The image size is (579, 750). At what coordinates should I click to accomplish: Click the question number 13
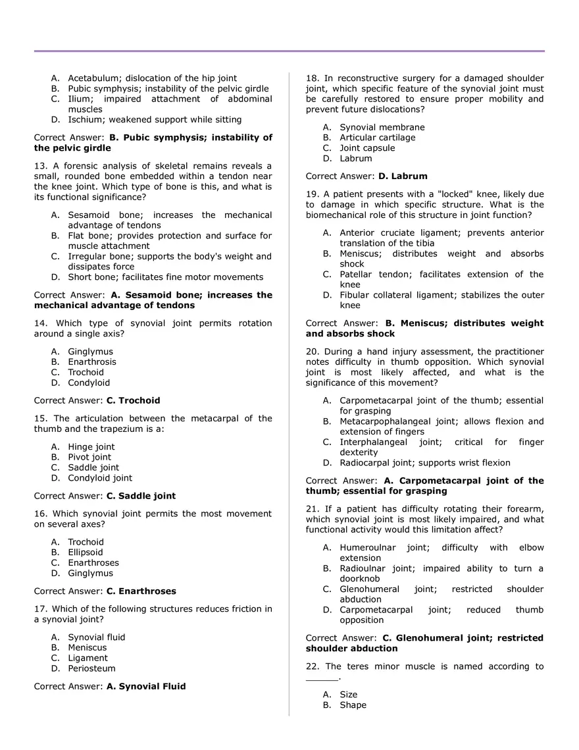tap(39, 166)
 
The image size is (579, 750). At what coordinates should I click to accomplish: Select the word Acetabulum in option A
tap(92, 78)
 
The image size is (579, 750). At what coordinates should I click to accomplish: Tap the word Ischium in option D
tap(86, 120)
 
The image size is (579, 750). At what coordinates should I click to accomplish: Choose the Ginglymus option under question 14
tap(90, 352)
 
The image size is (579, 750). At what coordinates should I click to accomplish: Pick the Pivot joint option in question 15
tap(89, 457)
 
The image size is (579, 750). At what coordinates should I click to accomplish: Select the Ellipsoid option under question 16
tap(86, 552)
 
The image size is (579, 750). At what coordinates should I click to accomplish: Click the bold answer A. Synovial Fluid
tap(146, 686)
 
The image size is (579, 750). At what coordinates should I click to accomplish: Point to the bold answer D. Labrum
tap(403, 176)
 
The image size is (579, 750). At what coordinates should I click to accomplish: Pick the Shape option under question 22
tap(353, 705)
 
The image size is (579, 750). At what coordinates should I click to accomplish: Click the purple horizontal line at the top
tap(289, 51)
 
